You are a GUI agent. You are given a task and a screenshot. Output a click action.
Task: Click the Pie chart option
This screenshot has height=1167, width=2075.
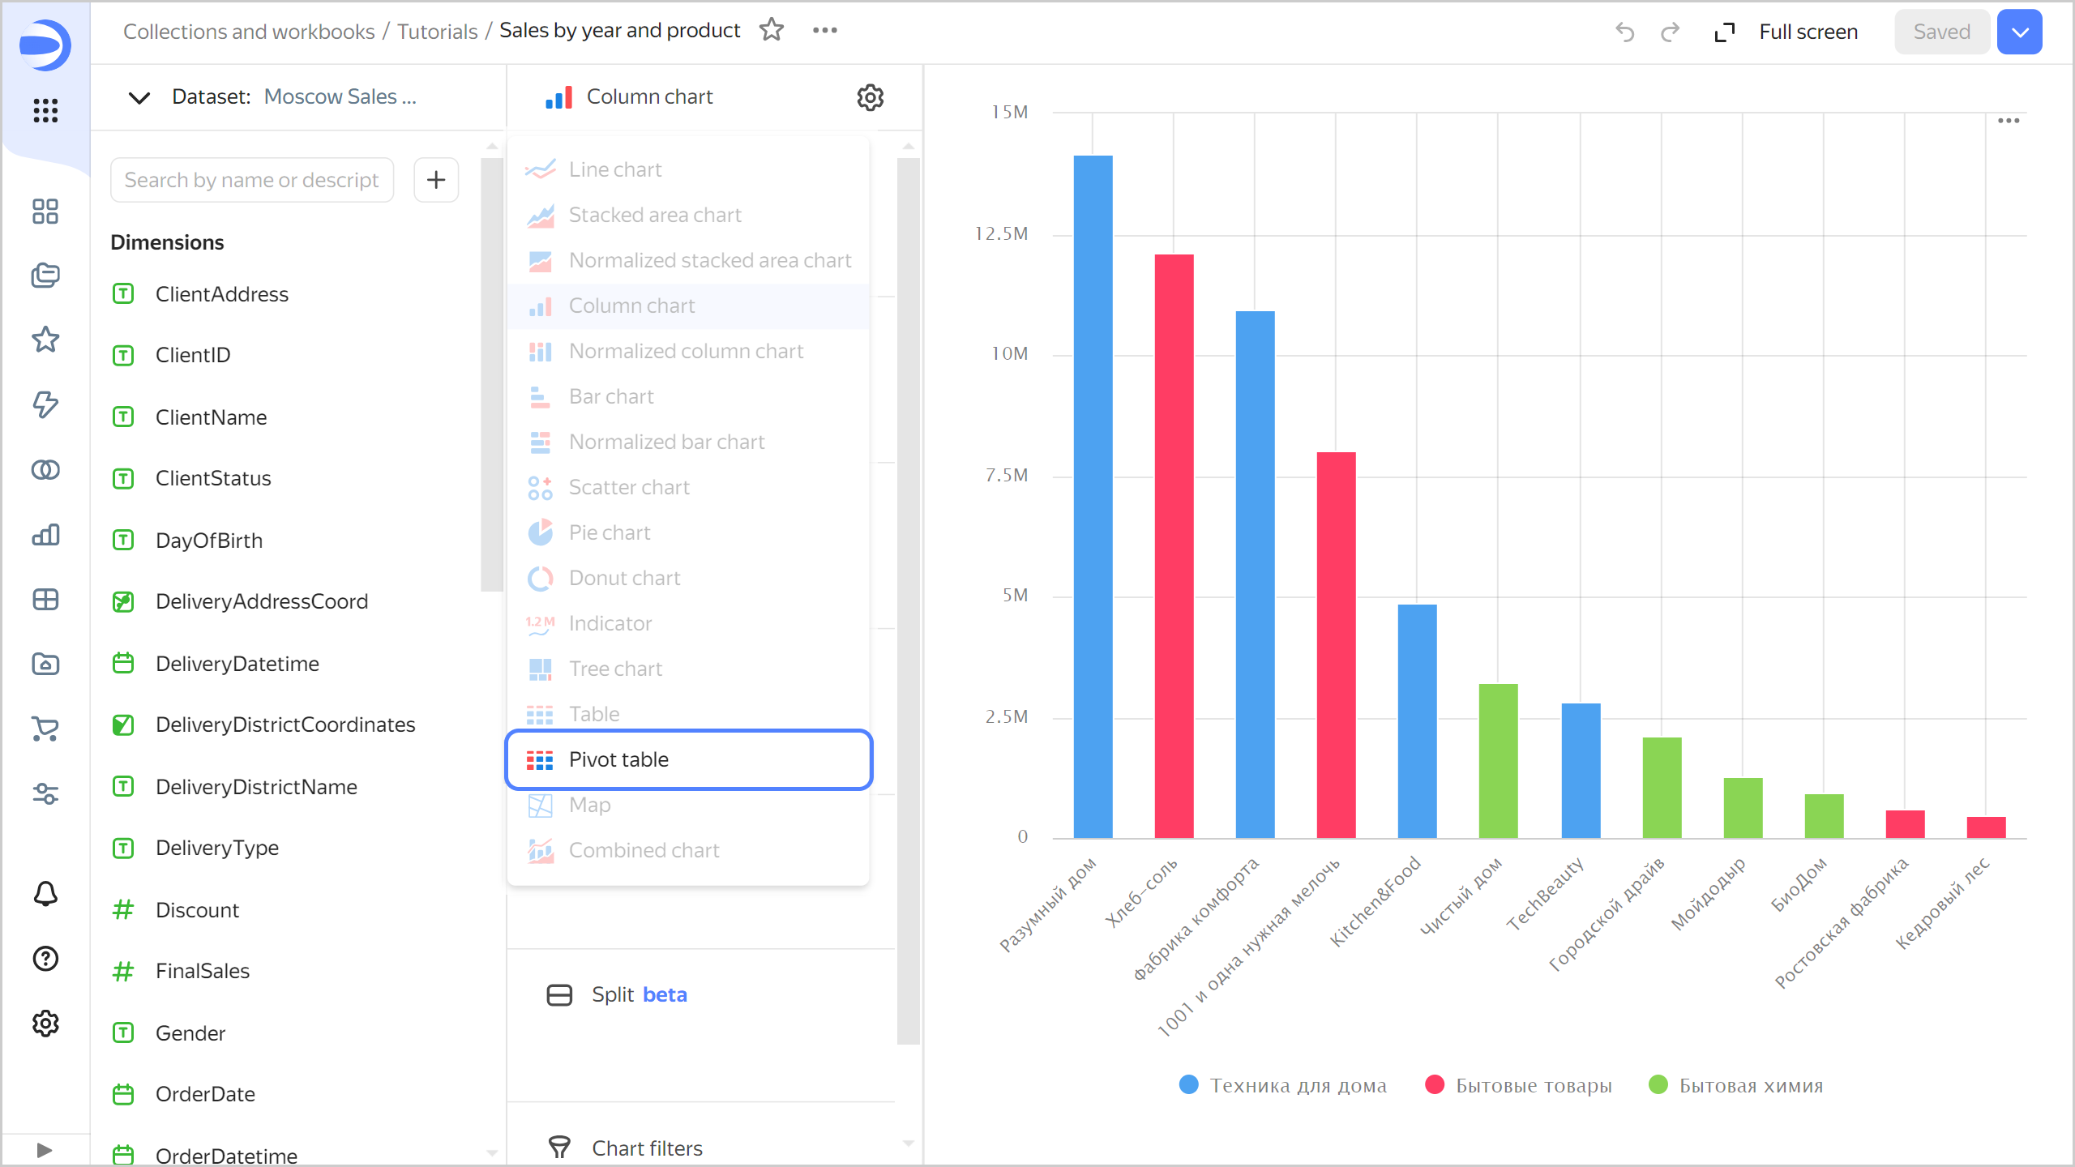pos(609,532)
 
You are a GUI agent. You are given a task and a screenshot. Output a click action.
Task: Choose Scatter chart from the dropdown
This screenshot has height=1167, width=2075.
pos(628,487)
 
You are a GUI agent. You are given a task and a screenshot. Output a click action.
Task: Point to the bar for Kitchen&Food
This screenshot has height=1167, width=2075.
pos(1417,720)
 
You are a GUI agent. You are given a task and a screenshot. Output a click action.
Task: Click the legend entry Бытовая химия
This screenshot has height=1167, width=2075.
pos(1751,1085)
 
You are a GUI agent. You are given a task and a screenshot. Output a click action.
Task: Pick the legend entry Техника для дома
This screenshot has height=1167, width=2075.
pos(1297,1085)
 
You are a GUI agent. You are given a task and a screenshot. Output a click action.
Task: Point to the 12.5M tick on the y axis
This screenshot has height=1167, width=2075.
pos(1002,234)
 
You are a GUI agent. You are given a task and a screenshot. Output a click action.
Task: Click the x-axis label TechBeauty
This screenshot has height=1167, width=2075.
pos(1545,894)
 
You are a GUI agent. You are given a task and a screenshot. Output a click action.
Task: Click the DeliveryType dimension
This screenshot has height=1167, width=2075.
pos(216,848)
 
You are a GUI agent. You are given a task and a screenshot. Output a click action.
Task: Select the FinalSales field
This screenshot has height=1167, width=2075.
pos(202,971)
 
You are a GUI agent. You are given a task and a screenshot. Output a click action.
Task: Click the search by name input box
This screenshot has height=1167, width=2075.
pos(251,180)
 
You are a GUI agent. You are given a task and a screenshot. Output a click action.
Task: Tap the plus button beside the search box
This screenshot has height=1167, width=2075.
pos(436,180)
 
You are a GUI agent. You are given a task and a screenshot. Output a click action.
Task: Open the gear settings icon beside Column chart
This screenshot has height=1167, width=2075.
pos(870,97)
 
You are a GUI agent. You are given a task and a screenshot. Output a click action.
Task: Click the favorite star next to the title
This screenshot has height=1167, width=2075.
pos(772,30)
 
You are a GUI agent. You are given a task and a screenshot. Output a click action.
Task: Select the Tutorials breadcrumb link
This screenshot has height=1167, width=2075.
pos(437,32)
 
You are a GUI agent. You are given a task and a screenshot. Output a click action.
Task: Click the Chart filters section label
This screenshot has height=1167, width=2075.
pos(646,1148)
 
